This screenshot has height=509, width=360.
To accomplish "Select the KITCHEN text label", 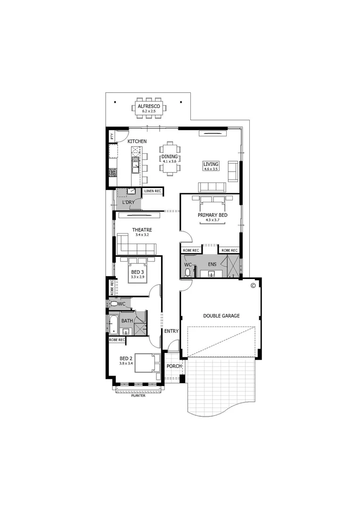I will pos(137,141).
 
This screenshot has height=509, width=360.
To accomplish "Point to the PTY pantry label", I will pos(112,137).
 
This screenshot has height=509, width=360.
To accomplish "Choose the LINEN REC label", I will pos(153,191).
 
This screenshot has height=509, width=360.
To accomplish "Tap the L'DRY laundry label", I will pos(128,202).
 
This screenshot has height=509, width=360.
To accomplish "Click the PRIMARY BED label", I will pos(213,215).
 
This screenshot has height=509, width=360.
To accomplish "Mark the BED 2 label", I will pos(126,359).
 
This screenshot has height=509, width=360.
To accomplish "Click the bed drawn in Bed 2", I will pos(147,363).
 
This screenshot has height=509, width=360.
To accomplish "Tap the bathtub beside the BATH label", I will pos(113,324).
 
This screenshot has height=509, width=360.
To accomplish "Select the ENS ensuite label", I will pos(212,264).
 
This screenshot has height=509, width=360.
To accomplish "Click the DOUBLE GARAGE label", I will pos(221,316).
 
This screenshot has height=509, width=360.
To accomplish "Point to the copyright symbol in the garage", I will pos(253,285).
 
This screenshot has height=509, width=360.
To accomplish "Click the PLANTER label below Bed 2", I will pos(138,395).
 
